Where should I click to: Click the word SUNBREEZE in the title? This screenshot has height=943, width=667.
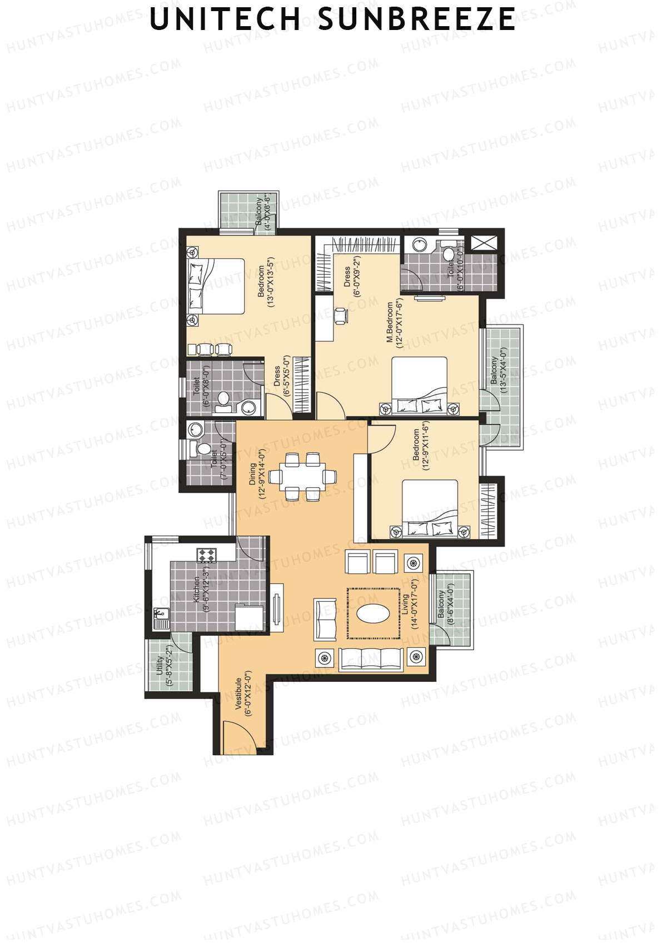(416, 19)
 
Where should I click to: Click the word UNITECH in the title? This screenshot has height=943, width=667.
(225, 19)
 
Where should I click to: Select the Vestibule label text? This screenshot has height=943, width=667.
(243, 693)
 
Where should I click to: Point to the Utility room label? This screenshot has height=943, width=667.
(165, 666)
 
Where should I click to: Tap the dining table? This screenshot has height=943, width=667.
(302, 476)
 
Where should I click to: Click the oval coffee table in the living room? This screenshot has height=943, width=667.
(373, 613)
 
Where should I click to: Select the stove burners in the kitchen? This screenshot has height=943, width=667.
(206, 555)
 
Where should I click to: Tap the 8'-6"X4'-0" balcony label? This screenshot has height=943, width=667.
(445, 607)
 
